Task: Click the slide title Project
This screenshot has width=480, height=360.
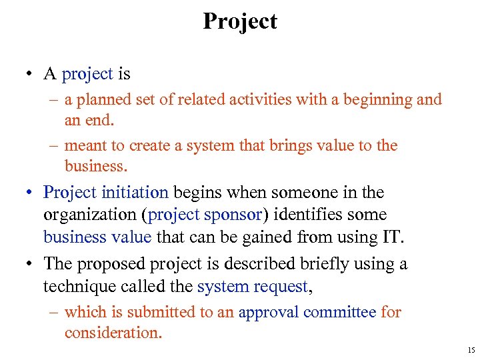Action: click(x=240, y=21)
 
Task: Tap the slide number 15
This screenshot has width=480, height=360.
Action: click(x=471, y=349)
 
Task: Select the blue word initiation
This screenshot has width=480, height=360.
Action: click(x=135, y=193)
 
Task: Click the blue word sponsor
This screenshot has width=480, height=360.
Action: click(x=223, y=215)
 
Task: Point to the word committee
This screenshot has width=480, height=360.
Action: click(x=340, y=312)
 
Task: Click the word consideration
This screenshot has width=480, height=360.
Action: click(x=113, y=332)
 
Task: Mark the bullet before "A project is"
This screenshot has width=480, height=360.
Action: click(x=31, y=75)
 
